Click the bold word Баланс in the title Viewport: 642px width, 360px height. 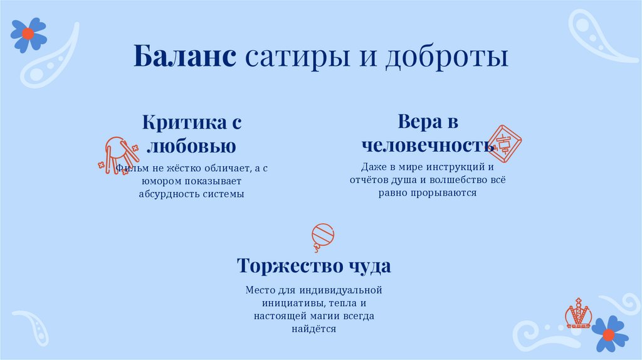pos(184,57)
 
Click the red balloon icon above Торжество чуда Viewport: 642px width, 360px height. pos(322,236)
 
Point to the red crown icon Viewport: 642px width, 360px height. pos(577,314)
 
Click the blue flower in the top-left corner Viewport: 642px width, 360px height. pos(28,34)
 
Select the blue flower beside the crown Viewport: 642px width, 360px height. pos(609,334)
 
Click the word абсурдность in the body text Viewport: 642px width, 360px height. pos(168,194)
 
